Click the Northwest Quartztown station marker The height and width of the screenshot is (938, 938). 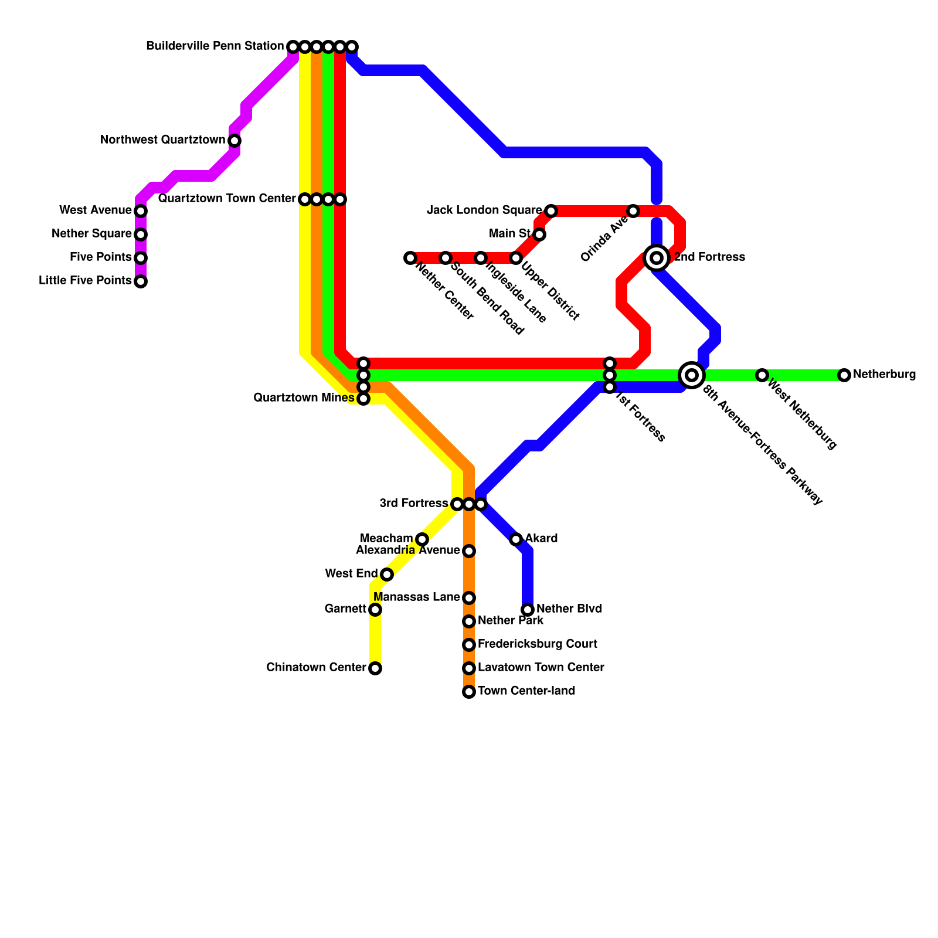(x=235, y=141)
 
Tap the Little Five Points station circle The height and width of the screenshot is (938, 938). (x=141, y=281)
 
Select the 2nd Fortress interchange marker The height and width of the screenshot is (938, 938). (x=657, y=258)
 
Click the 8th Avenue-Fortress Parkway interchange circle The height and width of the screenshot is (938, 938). (x=692, y=375)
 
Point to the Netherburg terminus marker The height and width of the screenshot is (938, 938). (x=844, y=375)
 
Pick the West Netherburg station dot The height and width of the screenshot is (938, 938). (x=762, y=375)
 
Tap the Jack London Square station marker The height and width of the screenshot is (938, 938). (x=551, y=211)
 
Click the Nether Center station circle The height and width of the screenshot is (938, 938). (x=410, y=258)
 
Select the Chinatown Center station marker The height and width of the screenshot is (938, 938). (x=375, y=668)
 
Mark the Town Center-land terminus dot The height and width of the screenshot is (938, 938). (x=469, y=692)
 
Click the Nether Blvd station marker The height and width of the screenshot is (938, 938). (x=528, y=610)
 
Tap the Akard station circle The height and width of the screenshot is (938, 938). (x=516, y=539)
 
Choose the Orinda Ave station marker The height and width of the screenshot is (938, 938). (x=633, y=211)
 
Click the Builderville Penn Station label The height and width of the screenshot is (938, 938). (x=215, y=46)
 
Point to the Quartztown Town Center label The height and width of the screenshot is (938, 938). (x=227, y=199)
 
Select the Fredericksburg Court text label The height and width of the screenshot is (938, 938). (x=537, y=644)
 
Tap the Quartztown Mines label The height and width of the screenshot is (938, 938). (x=304, y=398)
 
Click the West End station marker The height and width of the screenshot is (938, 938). (x=387, y=575)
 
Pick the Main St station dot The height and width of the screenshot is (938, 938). (x=539, y=235)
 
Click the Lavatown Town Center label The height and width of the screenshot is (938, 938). (x=541, y=668)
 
